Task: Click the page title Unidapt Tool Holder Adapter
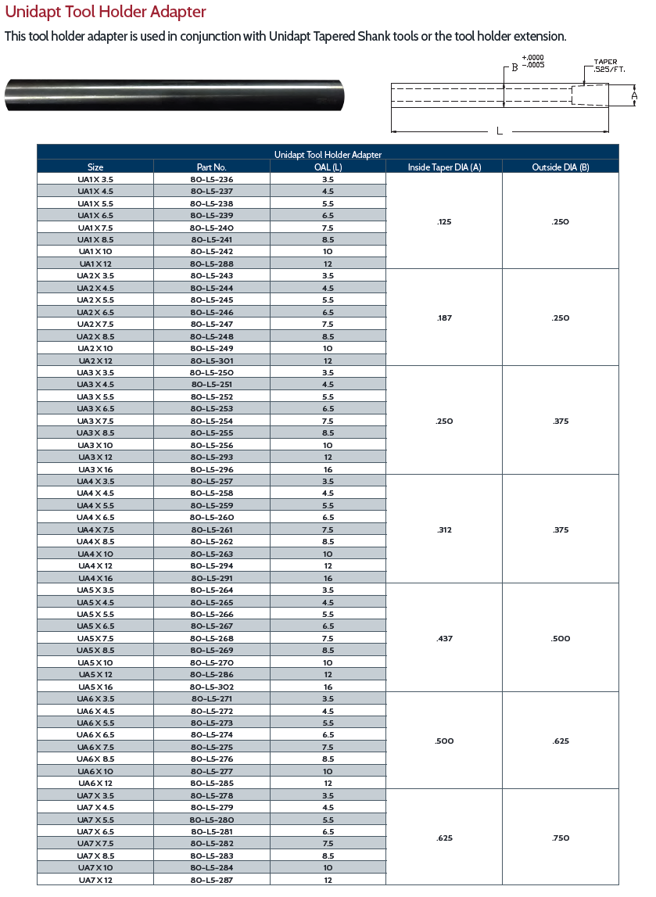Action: tap(106, 12)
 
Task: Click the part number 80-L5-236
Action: tap(211, 179)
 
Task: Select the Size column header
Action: tap(95, 167)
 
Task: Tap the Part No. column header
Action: tap(211, 167)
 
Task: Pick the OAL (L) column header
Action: tap(328, 167)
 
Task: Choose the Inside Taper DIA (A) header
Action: tap(444, 167)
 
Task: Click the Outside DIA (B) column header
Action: tap(561, 167)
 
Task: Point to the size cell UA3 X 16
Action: tap(95, 469)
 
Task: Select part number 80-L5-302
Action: tap(211, 687)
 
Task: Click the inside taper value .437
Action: tap(444, 638)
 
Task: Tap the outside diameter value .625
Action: tap(561, 741)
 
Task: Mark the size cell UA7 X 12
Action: tap(95, 880)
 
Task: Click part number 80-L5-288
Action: tap(211, 264)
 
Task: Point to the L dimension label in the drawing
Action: tap(500, 131)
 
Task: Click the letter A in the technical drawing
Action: tap(634, 95)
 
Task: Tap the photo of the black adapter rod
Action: tap(175, 94)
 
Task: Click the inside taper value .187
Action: tap(444, 318)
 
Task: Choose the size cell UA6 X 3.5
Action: tap(95, 698)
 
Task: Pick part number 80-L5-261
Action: tap(211, 529)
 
